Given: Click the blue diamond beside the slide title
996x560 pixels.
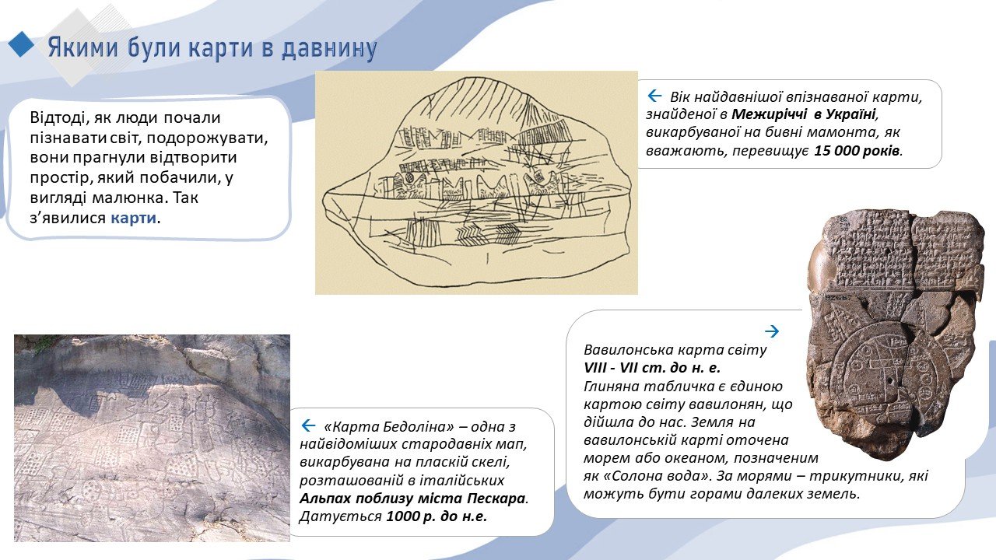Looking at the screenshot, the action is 21,44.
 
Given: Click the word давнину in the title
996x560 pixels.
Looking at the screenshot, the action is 329,48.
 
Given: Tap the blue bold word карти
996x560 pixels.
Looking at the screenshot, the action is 133,218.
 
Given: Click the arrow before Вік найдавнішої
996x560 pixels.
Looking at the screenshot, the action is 654,96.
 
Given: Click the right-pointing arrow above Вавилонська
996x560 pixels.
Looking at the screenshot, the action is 772,331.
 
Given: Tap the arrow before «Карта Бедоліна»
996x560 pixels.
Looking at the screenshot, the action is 309,425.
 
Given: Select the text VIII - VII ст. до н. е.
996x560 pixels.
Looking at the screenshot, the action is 652,368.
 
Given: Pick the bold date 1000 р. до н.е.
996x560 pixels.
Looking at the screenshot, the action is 437,516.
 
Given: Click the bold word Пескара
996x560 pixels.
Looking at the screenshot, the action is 496,499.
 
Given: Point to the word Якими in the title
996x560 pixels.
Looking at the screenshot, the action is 83,47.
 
